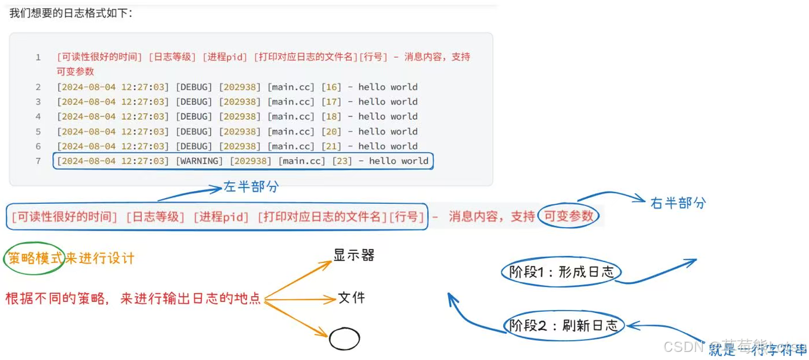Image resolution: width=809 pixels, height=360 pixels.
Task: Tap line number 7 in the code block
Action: pos(38,161)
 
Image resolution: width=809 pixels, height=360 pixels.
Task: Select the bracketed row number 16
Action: pos(331,87)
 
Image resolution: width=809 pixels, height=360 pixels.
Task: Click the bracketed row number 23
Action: pos(342,161)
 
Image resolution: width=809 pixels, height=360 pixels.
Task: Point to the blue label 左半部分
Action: pos(251,187)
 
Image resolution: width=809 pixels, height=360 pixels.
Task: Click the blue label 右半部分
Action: pos(678,203)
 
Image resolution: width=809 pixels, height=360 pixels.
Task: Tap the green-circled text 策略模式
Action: pos(34,258)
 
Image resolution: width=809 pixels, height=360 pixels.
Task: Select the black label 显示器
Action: pos(353,255)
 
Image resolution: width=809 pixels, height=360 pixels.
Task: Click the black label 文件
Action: pos(352,298)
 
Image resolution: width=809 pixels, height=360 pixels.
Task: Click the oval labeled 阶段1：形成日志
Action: pos(561,272)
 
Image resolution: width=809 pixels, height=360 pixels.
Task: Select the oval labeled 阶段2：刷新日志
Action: pos(564,326)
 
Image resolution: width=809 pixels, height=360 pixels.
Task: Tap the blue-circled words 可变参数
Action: pos(568,216)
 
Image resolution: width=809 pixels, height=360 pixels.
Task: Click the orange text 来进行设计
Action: pos(100,258)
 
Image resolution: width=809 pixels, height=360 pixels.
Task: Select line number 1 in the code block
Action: pos(38,57)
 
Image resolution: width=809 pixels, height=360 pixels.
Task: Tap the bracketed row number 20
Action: pos(331,131)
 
